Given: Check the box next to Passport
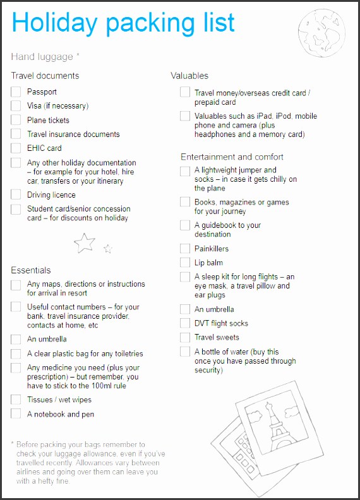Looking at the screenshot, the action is point(16,92).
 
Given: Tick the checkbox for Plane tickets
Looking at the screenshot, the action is point(16,120).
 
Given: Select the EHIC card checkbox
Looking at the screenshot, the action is point(16,148).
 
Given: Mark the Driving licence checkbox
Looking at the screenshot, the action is point(16,194).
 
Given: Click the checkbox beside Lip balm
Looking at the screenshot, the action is point(184,263).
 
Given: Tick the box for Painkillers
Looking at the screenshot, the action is point(184,249).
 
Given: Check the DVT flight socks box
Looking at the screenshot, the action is point(184,323).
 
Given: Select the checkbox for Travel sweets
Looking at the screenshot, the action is point(184,337).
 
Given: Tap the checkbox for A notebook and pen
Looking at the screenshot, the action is point(16,414).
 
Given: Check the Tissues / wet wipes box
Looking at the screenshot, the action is point(16,400).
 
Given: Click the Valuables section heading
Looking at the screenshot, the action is point(189,76).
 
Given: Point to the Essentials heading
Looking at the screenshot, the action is point(31,270).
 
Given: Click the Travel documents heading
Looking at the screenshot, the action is point(45,76).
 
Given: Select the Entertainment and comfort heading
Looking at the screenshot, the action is point(232,157).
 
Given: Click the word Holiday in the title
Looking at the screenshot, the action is point(54,23).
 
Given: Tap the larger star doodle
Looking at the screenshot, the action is point(85,242).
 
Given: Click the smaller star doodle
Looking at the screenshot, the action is point(108,249).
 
